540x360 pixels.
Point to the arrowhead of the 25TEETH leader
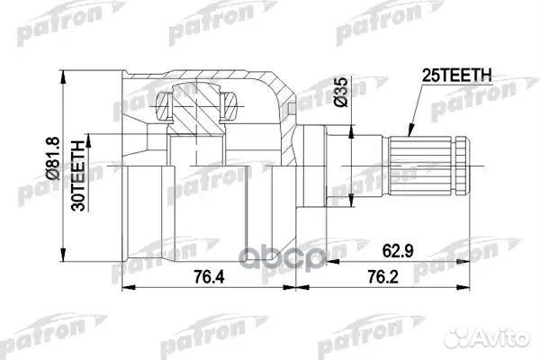[406, 134]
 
